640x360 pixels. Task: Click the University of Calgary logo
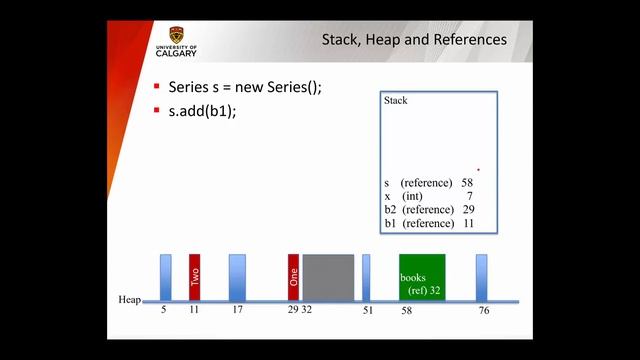(177, 41)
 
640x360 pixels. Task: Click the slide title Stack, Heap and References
(413, 40)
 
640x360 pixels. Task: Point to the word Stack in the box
(396, 101)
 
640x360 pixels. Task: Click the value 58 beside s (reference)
(467, 183)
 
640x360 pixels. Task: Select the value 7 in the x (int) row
(469, 196)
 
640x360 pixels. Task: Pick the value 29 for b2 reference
(468, 209)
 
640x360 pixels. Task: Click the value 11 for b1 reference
(468, 223)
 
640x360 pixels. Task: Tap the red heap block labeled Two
(195, 276)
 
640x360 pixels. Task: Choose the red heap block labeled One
(293, 276)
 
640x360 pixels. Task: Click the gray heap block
(328, 276)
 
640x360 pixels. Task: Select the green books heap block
(421, 277)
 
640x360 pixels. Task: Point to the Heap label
(129, 300)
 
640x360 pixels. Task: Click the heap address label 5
(164, 311)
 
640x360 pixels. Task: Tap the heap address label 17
(236, 311)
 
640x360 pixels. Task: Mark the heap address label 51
(367, 311)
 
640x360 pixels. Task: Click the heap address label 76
(483, 311)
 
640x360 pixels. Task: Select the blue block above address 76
(481, 276)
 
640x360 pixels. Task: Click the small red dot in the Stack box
(478, 170)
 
